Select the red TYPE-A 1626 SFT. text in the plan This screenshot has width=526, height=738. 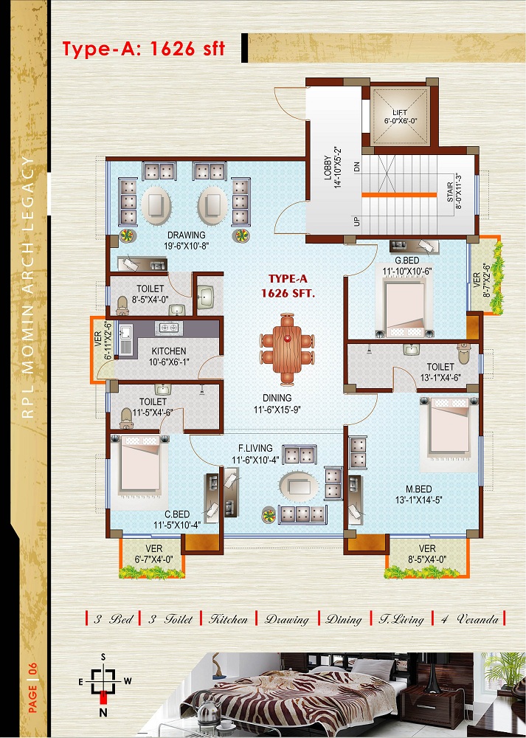click(x=288, y=286)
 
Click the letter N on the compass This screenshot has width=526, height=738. click(x=103, y=713)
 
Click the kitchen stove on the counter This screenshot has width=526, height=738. click(x=168, y=328)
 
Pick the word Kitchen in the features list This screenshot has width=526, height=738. click(x=229, y=619)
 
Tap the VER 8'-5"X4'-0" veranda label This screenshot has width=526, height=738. click(x=426, y=554)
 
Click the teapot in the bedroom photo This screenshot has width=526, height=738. click(x=209, y=709)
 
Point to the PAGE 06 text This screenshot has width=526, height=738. click(x=33, y=694)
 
